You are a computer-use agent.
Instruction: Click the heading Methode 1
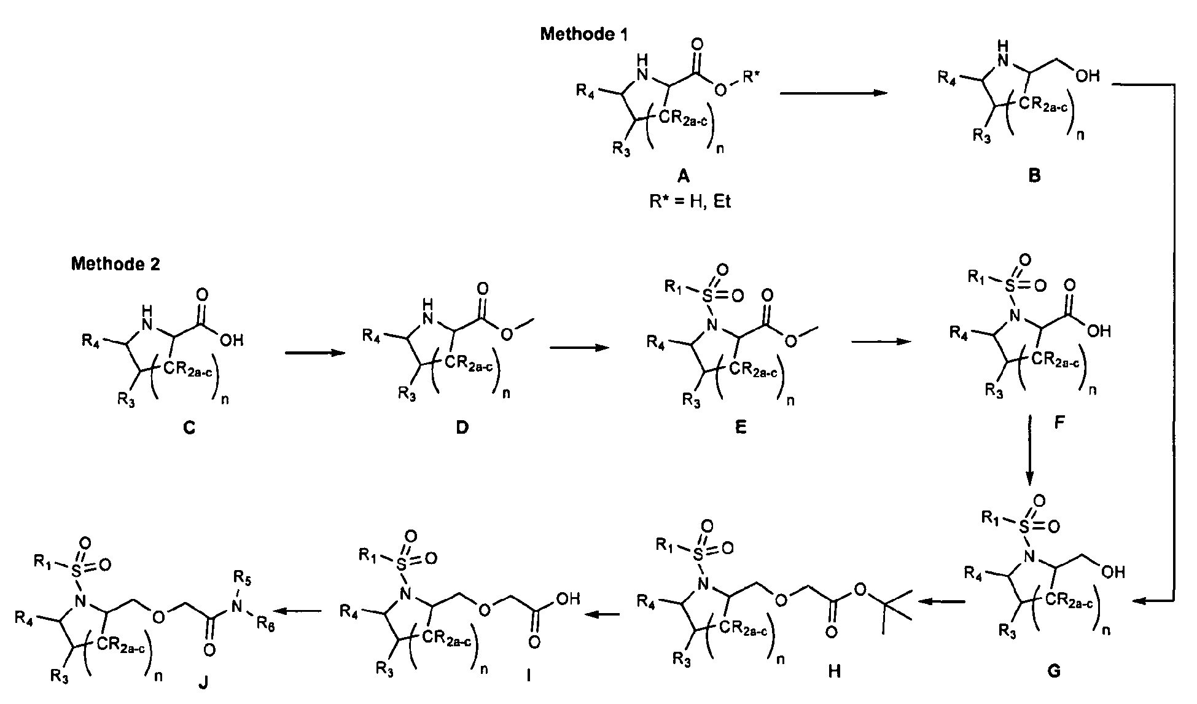(584, 34)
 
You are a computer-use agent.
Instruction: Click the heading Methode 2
(115, 265)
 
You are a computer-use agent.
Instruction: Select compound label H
(834, 671)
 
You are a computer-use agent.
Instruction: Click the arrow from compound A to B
(834, 93)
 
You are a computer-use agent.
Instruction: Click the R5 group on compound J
(244, 579)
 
